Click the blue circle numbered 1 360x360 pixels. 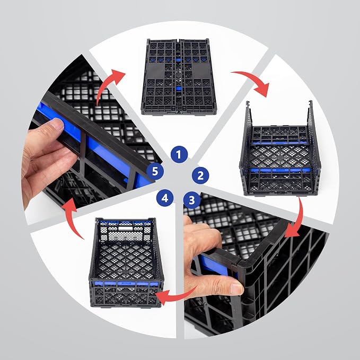[x=179, y=154]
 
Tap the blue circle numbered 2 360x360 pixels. [x=200, y=175]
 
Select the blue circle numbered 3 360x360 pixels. [x=192, y=200]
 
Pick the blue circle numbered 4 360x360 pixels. [x=165, y=198]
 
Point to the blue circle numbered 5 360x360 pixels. [x=155, y=171]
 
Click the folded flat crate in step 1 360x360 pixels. [x=179, y=77]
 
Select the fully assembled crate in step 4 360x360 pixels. [x=126, y=262]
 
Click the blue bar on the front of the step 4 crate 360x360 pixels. [x=126, y=284]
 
